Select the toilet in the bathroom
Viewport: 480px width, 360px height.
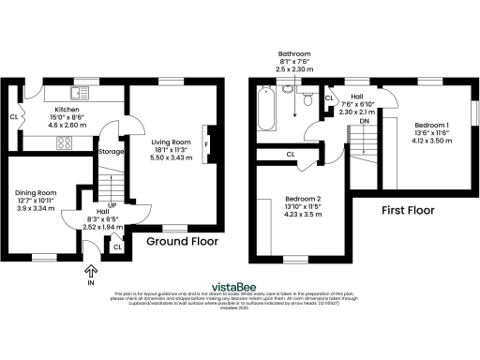coord(307,95)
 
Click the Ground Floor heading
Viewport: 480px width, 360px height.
coord(182,241)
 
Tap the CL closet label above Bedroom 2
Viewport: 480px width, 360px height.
coord(291,154)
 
